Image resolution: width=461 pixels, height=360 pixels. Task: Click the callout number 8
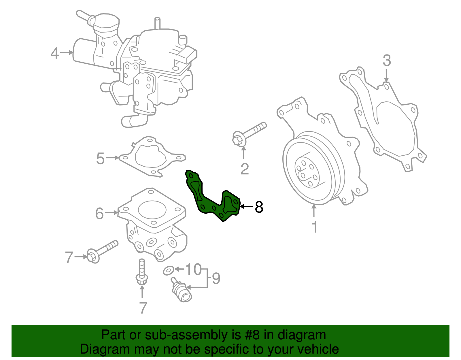[x=259, y=207]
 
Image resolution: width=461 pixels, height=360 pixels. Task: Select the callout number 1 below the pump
[x=315, y=227]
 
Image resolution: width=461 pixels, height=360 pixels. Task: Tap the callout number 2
[x=245, y=169]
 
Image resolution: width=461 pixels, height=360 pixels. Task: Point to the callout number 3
[x=387, y=61]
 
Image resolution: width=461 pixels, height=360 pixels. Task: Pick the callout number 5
[x=100, y=159]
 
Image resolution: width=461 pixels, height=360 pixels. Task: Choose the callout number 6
[x=99, y=214]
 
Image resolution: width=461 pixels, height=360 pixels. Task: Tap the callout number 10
[x=193, y=269]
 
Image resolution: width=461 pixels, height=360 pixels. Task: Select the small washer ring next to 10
[x=168, y=271]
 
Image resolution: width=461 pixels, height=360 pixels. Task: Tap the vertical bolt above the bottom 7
[x=141, y=272]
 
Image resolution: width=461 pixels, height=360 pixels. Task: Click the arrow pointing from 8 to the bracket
[x=246, y=206]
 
